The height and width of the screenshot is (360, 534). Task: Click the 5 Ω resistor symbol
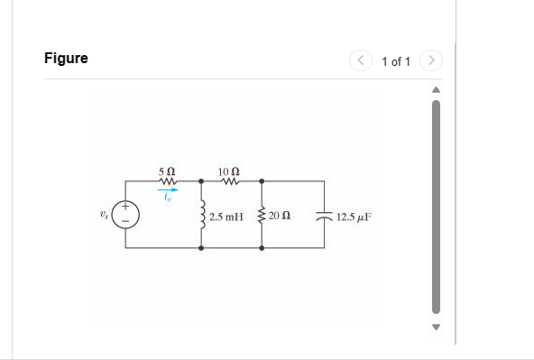click(167, 180)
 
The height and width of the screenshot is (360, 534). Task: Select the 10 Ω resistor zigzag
click(229, 180)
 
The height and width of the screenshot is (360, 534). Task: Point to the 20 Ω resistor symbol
click(262, 217)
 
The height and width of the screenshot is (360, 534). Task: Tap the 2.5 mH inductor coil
click(203, 217)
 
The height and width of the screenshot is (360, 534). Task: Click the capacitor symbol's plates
click(324, 217)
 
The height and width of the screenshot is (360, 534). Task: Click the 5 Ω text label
click(167, 171)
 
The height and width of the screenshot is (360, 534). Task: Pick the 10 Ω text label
click(229, 171)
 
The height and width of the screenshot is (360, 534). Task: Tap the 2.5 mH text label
click(226, 217)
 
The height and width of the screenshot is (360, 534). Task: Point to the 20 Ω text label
click(279, 217)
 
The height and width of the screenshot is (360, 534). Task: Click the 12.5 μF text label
click(354, 217)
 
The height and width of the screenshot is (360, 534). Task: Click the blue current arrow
click(168, 189)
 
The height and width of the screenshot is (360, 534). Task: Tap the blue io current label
click(167, 198)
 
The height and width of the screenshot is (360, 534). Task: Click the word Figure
click(66, 59)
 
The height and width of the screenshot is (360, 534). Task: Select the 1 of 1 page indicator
click(396, 61)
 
